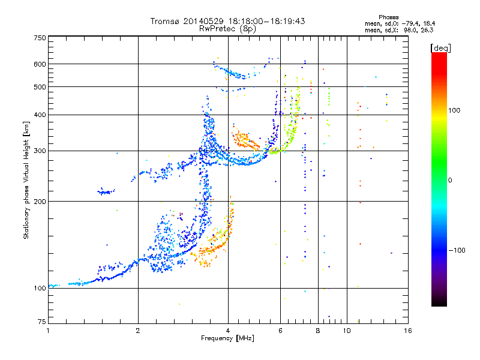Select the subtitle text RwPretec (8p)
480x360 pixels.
[227, 29]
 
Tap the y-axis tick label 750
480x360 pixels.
[40, 38]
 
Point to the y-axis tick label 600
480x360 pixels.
[40, 64]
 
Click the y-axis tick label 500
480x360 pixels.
[40, 87]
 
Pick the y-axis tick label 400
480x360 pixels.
[40, 115]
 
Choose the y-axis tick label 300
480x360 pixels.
[40, 151]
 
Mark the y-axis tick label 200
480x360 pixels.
[40, 202]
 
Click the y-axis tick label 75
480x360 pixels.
[42, 322]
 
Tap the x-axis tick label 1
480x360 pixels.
[48, 331]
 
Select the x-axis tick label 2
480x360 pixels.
[138, 331]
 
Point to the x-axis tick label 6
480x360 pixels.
[280, 331]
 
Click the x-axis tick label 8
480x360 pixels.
[318, 331]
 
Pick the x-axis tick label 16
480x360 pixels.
[408, 331]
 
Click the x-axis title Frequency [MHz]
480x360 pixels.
[227, 338]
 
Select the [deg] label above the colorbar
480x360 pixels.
[440, 48]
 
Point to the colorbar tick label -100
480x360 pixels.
[457, 250]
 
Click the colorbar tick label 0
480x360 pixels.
[450, 181]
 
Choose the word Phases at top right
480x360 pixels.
[389, 17]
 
